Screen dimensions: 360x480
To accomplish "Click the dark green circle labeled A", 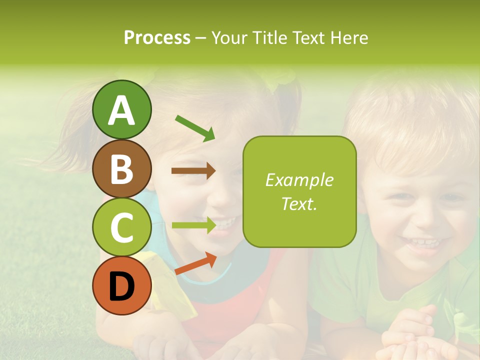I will click(x=121, y=109).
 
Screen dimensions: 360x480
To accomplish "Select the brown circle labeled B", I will click(x=121, y=168).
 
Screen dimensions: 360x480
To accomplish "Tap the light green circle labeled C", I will click(x=121, y=227).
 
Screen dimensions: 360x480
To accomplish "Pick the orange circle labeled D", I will click(x=121, y=286).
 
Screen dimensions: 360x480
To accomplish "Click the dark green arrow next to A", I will click(x=195, y=127).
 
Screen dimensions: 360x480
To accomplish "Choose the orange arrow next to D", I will click(x=195, y=263).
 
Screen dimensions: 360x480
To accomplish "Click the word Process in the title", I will click(x=157, y=38).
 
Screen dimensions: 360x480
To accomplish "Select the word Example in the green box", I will click(x=299, y=180).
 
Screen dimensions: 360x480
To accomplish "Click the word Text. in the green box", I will click(x=299, y=203).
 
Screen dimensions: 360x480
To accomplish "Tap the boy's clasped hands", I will click(x=410, y=335).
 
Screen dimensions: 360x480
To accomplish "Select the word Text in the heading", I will click(x=308, y=38).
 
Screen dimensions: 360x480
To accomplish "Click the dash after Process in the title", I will click(x=200, y=38).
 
